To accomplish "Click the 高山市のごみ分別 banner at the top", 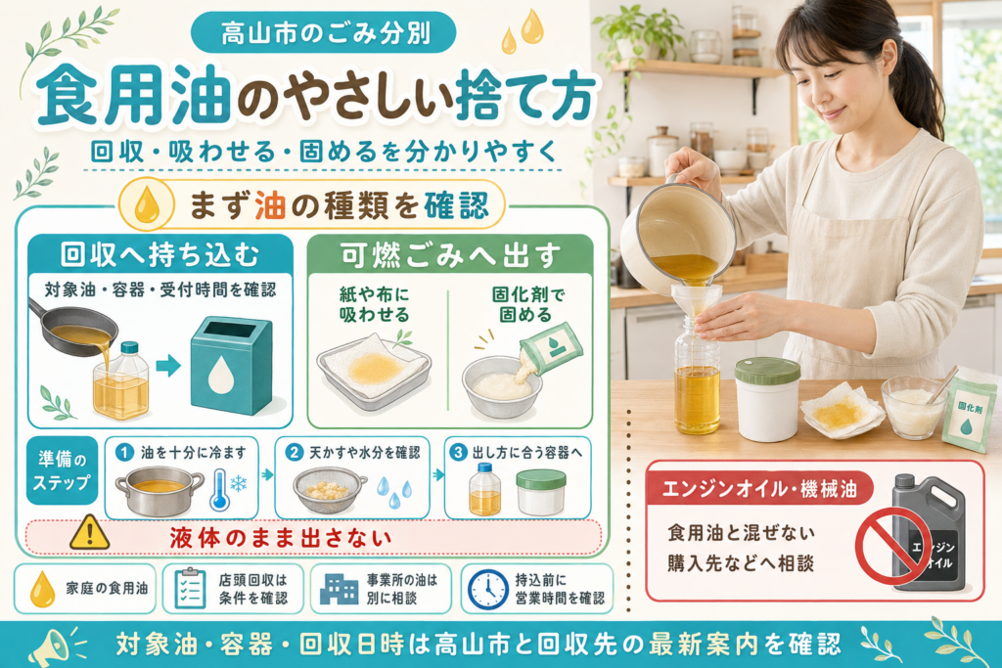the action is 323,32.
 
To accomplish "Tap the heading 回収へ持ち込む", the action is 159,254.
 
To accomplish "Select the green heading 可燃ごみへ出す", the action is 450,255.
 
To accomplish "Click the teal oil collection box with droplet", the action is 231,366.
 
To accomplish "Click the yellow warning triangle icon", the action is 89,533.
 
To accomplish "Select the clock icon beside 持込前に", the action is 487,590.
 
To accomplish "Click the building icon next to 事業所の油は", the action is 339,589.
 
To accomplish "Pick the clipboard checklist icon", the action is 191,589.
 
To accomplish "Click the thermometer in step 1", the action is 220,490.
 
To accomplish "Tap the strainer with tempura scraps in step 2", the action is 329,490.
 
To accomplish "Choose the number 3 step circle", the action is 458,452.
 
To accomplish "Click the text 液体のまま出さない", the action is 281,538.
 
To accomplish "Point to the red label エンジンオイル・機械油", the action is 758,489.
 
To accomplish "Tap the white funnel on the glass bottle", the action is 696,302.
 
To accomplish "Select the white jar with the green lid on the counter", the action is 767,400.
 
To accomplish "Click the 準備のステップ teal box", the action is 62,470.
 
